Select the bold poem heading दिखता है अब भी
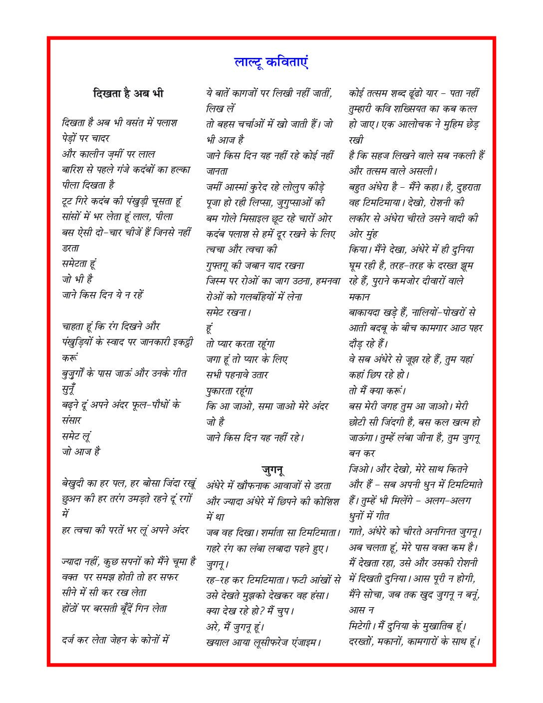pyautogui.click(x=128, y=93)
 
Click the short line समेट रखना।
pyautogui.click(x=228, y=313)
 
